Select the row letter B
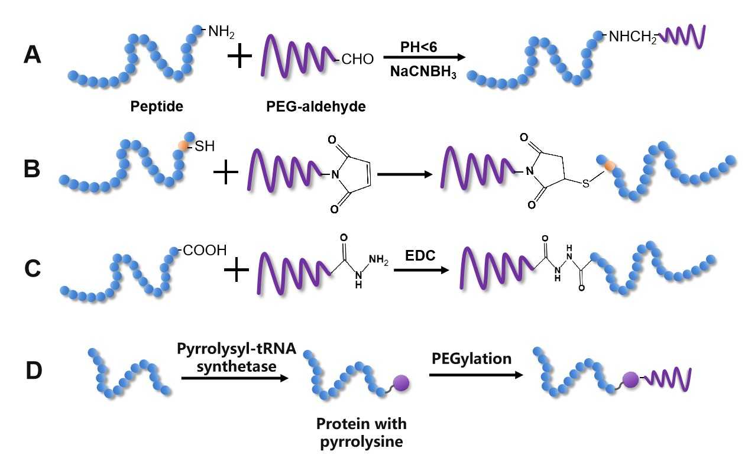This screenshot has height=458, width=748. click(x=33, y=169)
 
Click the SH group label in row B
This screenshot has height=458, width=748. click(x=203, y=146)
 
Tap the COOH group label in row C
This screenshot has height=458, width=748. click(x=203, y=251)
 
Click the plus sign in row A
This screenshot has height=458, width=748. click(x=239, y=58)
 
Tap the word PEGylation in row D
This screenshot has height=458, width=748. click(x=472, y=359)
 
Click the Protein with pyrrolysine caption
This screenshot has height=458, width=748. click(x=361, y=433)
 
